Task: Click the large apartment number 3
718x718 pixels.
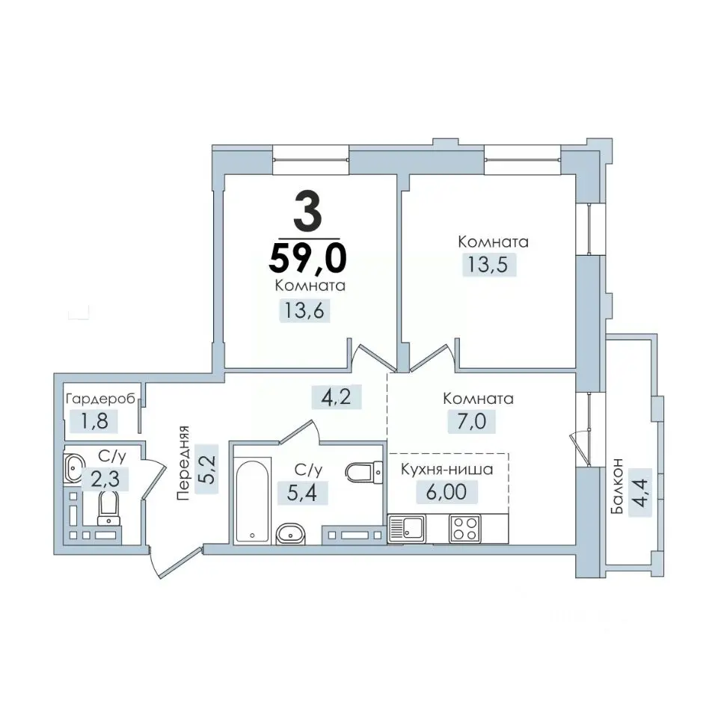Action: coord(307,211)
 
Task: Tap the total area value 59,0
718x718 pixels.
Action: coord(307,257)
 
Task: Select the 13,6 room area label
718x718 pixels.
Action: coord(304,310)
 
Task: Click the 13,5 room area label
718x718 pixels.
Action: coord(488,264)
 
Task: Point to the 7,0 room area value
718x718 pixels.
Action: coord(471,421)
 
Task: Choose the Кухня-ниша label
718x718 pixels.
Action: coord(447,470)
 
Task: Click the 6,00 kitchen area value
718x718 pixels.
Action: coord(447,492)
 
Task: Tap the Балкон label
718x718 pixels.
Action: coord(617,486)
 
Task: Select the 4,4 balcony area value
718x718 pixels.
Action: coord(640,492)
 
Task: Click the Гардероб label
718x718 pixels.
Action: coord(101,399)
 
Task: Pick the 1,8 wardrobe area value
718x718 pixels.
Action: coord(94,421)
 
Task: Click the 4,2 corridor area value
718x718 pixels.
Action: coord(336,396)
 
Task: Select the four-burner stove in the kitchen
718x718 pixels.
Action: coord(464,529)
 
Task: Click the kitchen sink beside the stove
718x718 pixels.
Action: coord(407,529)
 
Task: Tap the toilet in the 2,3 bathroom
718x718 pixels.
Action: coord(108,507)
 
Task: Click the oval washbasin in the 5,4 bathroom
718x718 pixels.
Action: coord(291,534)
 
